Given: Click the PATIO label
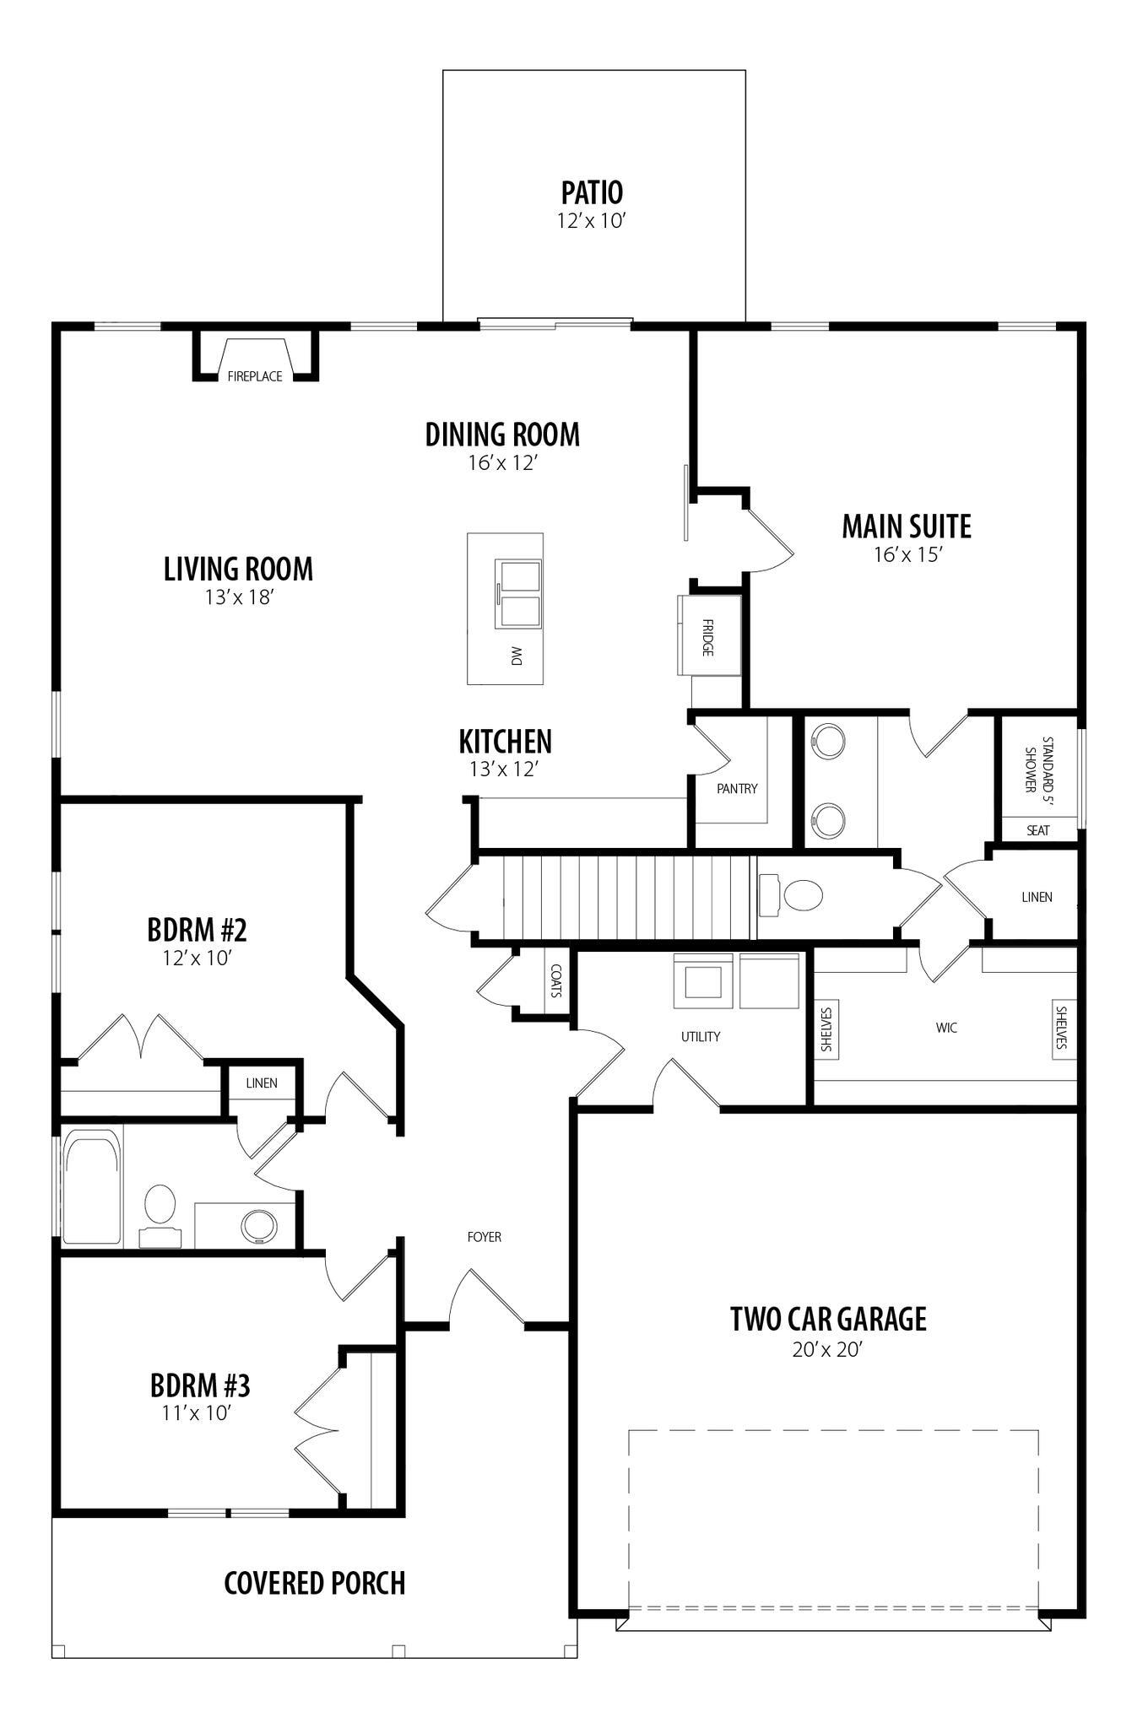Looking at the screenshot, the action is coord(593,192).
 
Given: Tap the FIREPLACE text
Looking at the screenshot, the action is coord(255,376).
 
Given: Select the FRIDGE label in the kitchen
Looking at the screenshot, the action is coord(707,638).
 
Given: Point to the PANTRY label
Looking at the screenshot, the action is coord(737,789).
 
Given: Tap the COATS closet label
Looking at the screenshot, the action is coord(555,980).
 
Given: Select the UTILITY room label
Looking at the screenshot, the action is coord(701,1036).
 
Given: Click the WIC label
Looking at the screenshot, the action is coord(947,1028).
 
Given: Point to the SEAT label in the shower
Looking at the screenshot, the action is coord(1038,830).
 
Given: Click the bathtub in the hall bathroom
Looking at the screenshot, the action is coord(91,1187).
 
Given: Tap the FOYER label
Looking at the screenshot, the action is coord(485,1237).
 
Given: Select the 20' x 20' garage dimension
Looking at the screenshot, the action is coord(826,1349).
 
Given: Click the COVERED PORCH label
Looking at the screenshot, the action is coord(315,1583).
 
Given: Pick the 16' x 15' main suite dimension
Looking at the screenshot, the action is coord(907,554).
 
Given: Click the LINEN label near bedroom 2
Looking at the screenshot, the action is coord(262,1083).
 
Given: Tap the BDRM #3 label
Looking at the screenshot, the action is coord(200,1385).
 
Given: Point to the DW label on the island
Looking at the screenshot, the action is coord(517,655).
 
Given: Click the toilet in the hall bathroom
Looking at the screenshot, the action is coord(160,1215).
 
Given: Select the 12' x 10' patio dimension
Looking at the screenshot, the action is coord(591,221).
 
